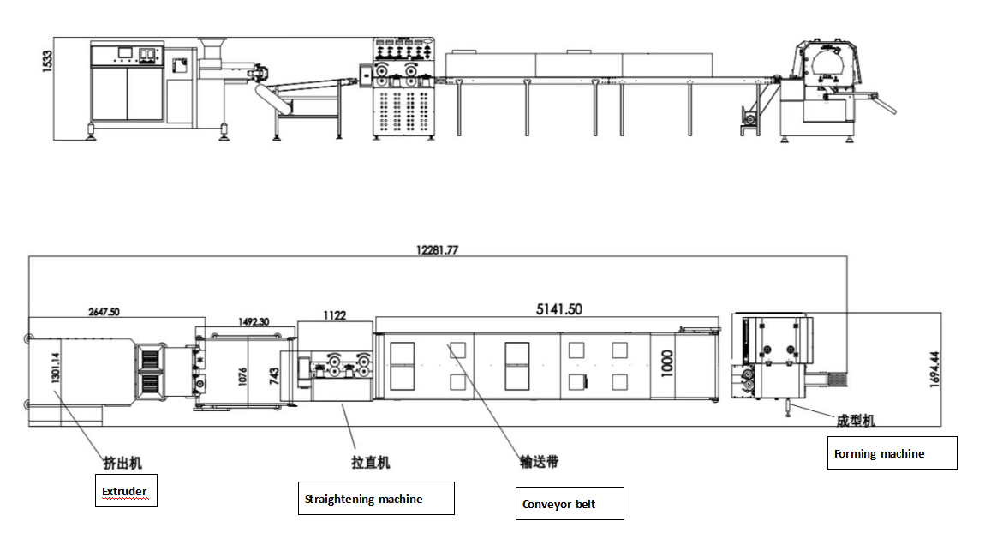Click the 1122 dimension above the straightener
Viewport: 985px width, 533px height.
335,315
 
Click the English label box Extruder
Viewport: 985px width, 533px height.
126,491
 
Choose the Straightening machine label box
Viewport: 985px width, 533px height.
376,499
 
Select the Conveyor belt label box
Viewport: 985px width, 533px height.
569,504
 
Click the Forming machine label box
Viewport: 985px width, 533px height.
892,453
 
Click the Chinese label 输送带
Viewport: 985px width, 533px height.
539,461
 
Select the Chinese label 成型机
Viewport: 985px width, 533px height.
854,421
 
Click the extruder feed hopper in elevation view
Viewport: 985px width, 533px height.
211,45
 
